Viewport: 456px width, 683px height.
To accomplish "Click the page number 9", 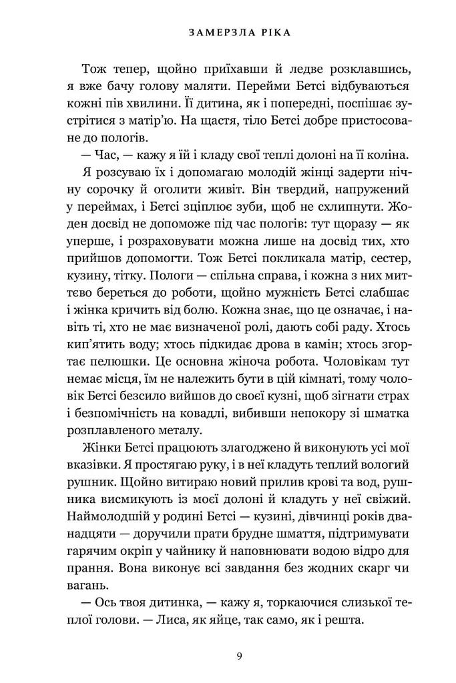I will click(x=239, y=656).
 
